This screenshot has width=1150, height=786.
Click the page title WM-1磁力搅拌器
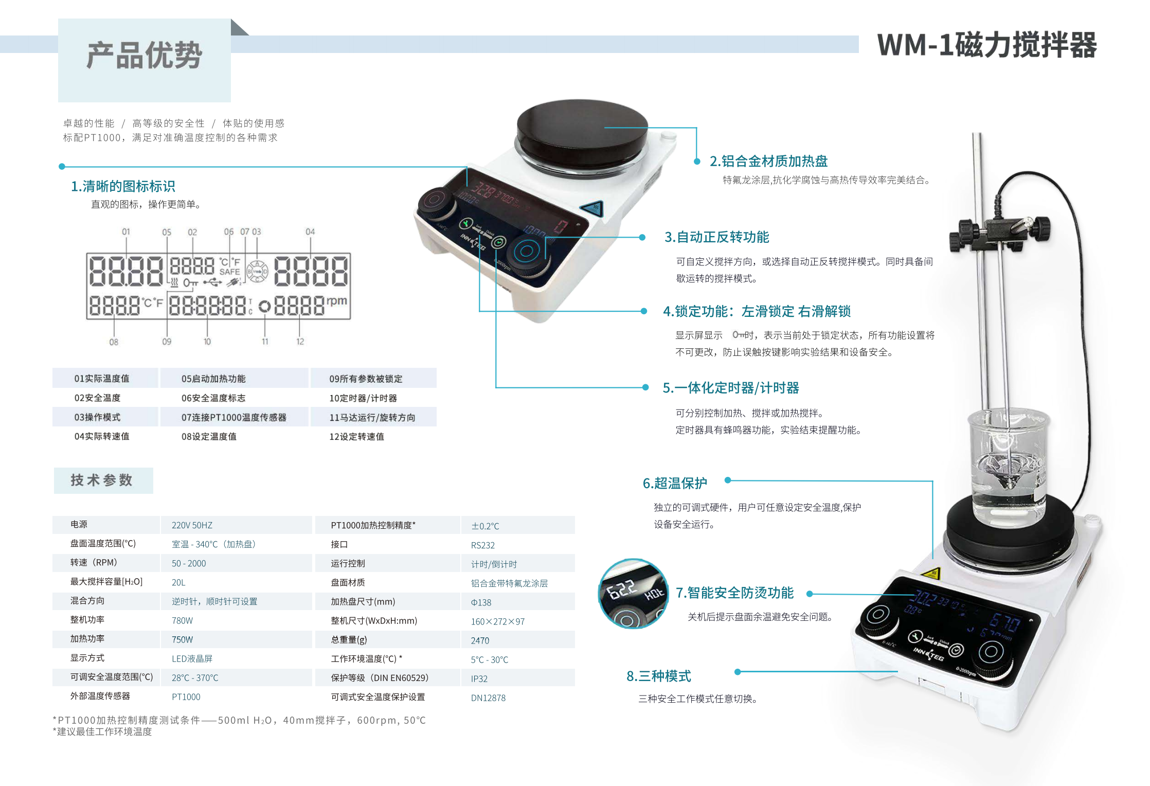pyautogui.click(x=986, y=45)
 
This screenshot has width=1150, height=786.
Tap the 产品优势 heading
pyautogui.click(x=145, y=56)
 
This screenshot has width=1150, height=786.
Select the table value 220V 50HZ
pyautogui.click(x=192, y=525)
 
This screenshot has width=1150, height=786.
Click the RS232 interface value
pyautogui.click(x=482, y=545)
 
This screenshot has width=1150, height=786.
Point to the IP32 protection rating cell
pyautogui.click(x=479, y=678)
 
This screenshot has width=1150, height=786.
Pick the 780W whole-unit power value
pyautogui.click(x=182, y=621)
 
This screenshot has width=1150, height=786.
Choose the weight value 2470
pyautogui.click(x=480, y=640)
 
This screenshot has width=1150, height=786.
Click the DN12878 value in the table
pyautogui.click(x=488, y=698)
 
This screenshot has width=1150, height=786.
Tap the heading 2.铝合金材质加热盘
pyautogui.click(x=768, y=162)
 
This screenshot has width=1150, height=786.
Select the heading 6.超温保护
pyautogui.click(x=675, y=484)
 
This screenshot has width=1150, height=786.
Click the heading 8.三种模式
pyautogui.click(x=658, y=676)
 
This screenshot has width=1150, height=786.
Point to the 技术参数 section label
pyautogui.click(x=102, y=480)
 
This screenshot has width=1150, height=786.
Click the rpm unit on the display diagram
pyautogui.click(x=336, y=301)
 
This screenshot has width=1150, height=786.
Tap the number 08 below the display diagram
pyautogui.click(x=114, y=342)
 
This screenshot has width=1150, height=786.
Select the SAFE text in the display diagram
pyautogui.click(x=229, y=272)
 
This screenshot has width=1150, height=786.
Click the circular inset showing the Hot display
pyautogui.click(x=634, y=594)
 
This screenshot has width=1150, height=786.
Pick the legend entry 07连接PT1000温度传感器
pyautogui.click(x=233, y=417)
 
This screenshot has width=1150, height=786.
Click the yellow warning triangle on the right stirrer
pyautogui.click(x=930, y=574)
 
